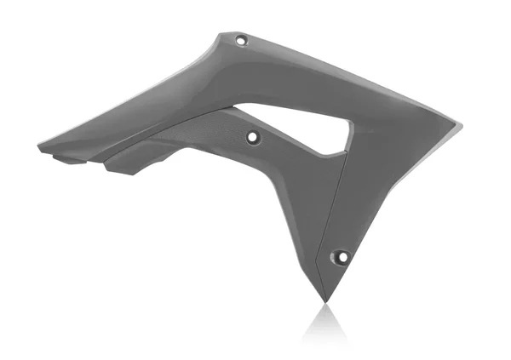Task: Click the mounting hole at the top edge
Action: [241, 39]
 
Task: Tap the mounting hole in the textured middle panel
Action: [252, 136]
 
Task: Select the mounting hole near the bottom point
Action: [340, 255]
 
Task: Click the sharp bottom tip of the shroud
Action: [325, 300]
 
